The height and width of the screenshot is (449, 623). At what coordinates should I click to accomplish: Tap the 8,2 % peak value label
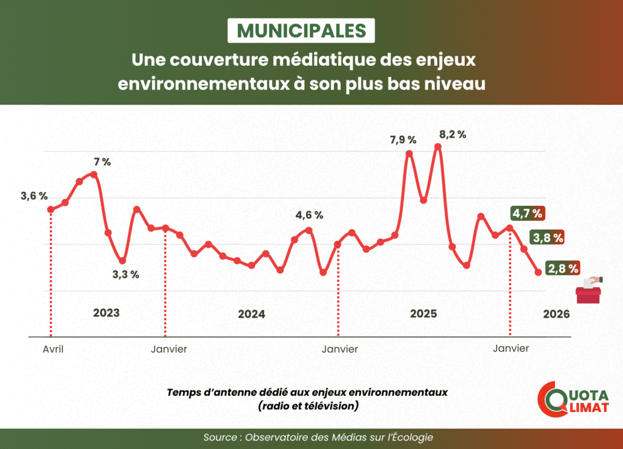tap(453, 135)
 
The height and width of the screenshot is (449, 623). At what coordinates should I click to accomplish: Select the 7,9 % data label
tap(403, 140)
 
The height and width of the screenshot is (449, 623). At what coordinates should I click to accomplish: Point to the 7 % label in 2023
tap(102, 162)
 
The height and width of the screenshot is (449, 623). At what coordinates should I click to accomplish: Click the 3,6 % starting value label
tap(33, 196)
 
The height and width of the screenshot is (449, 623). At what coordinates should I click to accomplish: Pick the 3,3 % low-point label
tap(125, 274)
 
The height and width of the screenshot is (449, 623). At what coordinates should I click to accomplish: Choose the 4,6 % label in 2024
tap(309, 215)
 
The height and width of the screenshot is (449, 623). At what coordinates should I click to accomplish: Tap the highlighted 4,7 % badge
tap(527, 213)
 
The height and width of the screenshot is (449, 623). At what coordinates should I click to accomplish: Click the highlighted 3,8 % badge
tap(546, 237)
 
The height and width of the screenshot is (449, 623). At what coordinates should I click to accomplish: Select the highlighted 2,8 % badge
tap(563, 267)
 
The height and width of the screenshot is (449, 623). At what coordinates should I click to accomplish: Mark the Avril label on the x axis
tap(54, 349)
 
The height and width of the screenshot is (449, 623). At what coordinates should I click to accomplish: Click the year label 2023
tap(106, 313)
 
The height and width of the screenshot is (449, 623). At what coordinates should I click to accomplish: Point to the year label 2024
tap(251, 314)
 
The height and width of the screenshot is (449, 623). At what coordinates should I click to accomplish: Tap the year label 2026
tap(556, 314)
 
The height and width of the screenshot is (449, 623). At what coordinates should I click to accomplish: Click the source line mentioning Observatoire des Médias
tap(319, 438)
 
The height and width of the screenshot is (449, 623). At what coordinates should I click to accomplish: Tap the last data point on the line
tap(538, 272)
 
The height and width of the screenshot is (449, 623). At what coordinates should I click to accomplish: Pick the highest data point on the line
tap(437, 147)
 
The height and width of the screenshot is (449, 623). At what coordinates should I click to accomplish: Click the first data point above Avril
tap(50, 210)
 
